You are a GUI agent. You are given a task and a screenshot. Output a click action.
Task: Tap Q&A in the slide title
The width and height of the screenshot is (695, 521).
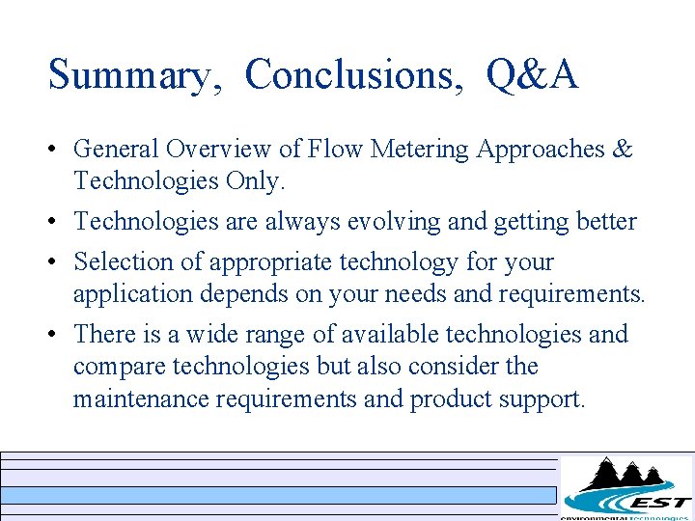point(533,74)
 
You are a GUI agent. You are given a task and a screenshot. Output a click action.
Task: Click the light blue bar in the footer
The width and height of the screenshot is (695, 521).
point(279,495)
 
